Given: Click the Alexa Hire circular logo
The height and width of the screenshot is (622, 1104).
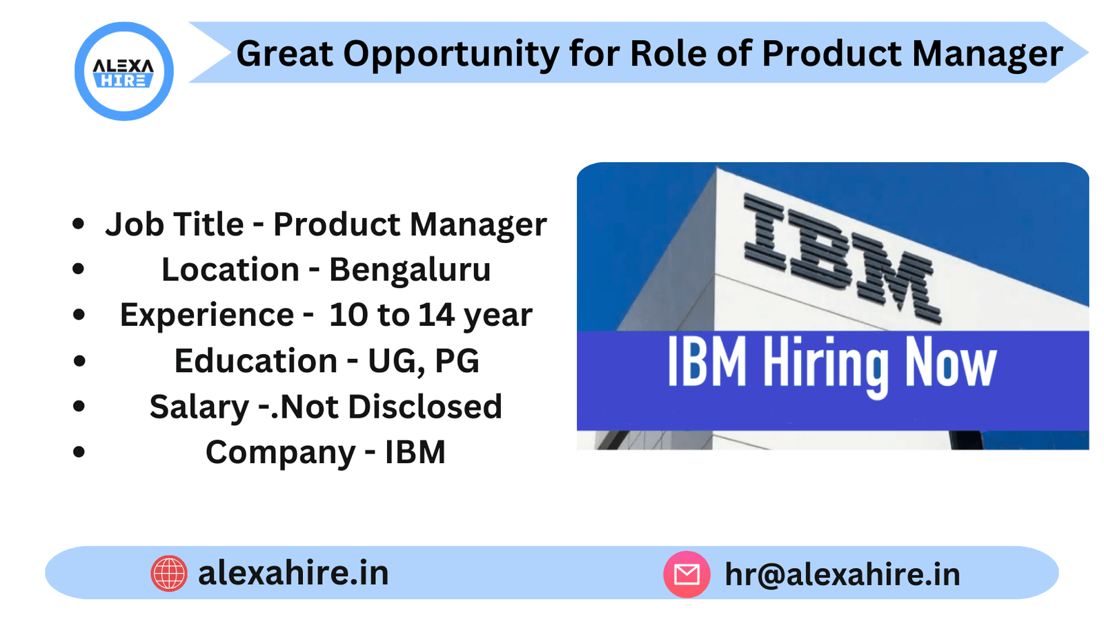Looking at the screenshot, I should tap(124, 71).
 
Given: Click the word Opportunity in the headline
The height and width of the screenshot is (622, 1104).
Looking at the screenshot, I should tap(451, 54).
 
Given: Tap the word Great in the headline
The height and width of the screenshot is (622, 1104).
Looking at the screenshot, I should tap(284, 54).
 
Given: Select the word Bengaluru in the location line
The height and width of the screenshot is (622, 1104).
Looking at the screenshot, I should tap(409, 270).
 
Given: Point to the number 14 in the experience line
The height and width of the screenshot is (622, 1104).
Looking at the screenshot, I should tap(436, 315).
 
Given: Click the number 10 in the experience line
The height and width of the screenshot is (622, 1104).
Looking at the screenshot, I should tap(348, 315).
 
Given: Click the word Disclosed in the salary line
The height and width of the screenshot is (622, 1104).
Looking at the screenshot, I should tap(424, 407).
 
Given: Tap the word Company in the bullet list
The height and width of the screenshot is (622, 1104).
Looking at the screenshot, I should tap(280, 453).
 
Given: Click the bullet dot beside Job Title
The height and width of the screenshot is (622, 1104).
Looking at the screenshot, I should tap(79, 224).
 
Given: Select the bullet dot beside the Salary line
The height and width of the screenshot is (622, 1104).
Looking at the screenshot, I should tap(79, 407).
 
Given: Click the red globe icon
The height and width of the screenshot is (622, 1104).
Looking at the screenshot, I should tap(169, 574).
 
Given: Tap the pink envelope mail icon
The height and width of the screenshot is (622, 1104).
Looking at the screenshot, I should tap(687, 574).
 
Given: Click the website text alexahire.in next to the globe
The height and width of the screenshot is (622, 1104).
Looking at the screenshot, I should tap(293, 573).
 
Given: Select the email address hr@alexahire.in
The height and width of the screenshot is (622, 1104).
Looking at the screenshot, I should tap(842, 574).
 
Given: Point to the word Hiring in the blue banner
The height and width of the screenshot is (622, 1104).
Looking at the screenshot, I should tap(825, 364).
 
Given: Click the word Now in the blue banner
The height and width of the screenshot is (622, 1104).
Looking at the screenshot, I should tap(950, 362).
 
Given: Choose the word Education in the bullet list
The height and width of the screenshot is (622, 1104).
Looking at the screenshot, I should tap(255, 361).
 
